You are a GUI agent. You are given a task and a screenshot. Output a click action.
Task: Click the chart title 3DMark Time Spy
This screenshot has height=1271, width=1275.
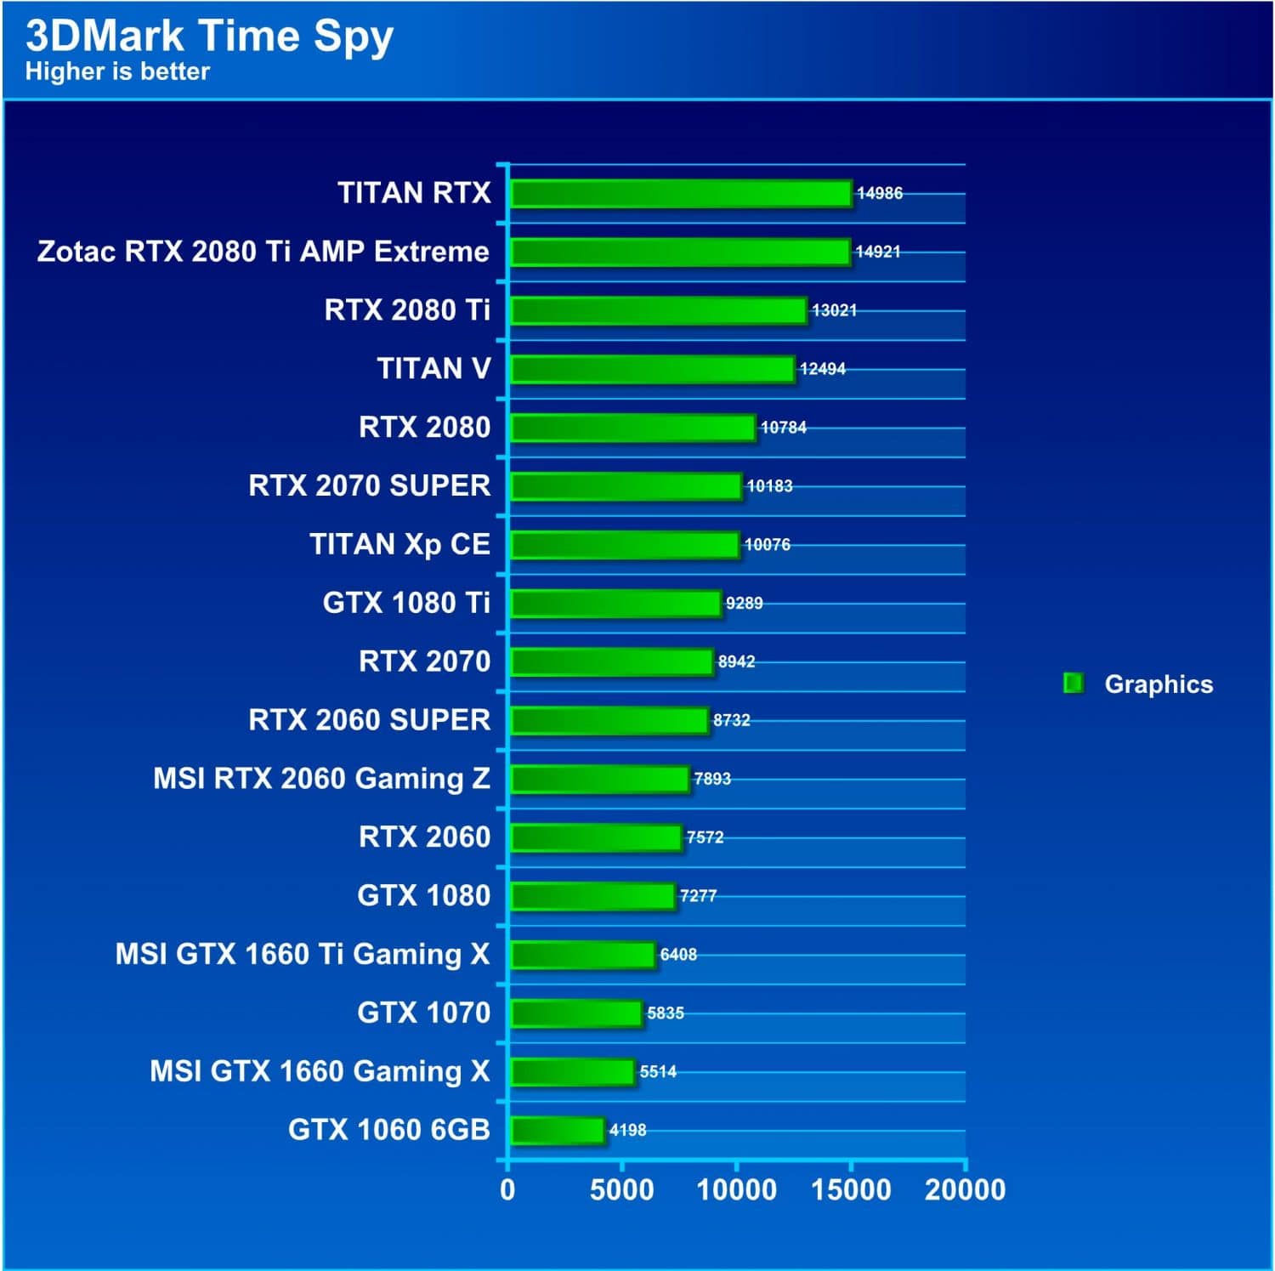click(209, 36)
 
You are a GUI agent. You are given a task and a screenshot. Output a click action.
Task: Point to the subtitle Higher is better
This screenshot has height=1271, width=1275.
click(117, 71)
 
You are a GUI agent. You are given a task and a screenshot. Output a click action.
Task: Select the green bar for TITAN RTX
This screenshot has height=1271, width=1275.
click(680, 194)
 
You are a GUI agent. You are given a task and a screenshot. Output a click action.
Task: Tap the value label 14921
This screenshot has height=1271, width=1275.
click(878, 252)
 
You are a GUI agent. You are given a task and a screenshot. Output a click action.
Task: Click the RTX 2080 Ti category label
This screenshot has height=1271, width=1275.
click(407, 310)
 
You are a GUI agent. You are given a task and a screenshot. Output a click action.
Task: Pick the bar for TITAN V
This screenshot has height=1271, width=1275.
click(652, 369)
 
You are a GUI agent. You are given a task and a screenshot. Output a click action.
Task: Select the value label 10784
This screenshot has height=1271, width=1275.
click(784, 428)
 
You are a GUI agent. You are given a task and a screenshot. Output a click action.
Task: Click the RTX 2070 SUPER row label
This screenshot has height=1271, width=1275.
click(369, 485)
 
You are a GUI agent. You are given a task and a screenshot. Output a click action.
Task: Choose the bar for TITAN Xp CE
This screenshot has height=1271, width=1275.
click(624, 545)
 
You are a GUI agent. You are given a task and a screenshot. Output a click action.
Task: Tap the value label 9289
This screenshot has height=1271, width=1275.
click(745, 603)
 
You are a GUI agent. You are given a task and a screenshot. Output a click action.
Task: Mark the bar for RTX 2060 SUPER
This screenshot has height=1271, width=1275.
click(609, 720)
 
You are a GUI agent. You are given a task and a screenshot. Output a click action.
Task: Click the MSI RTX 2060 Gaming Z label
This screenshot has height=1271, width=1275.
click(321, 779)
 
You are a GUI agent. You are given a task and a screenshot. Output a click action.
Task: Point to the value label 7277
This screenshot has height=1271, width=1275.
click(699, 896)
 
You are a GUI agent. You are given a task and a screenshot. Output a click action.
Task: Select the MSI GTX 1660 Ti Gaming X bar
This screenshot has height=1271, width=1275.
click(582, 955)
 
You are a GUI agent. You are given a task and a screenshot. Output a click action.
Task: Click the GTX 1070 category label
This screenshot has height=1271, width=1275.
click(423, 1013)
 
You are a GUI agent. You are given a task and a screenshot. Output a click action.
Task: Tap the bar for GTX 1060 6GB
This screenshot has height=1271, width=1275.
click(557, 1131)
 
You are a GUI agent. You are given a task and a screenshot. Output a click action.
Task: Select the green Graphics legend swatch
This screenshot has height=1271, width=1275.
click(1074, 684)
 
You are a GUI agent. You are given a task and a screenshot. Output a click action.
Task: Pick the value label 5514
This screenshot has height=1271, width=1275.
click(658, 1072)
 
